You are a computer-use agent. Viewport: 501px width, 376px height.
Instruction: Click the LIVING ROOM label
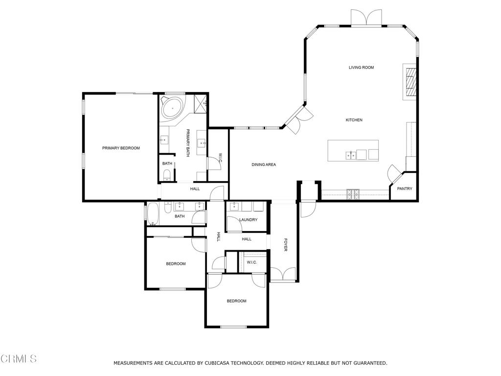(361, 68)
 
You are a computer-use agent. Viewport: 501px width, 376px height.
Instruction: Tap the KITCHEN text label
(354, 120)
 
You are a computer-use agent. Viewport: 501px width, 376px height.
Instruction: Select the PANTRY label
(404, 188)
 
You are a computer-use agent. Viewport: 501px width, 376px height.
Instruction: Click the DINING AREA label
(264, 164)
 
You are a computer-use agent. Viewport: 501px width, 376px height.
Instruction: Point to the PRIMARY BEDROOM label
(121, 148)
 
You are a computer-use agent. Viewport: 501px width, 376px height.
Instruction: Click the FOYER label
(285, 245)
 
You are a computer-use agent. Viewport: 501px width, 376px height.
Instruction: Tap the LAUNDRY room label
(248, 220)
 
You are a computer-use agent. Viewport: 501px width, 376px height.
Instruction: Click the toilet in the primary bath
(166, 175)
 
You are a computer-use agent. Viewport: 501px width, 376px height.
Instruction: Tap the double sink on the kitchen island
(351, 156)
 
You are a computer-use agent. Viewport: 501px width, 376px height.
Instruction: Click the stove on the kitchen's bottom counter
(353, 194)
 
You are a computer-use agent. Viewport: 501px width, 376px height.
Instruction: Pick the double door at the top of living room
(366, 18)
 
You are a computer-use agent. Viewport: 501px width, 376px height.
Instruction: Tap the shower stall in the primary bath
(200, 102)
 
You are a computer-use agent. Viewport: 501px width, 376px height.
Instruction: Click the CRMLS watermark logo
(19, 359)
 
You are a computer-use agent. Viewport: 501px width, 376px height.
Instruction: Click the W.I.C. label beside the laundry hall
(251, 262)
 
